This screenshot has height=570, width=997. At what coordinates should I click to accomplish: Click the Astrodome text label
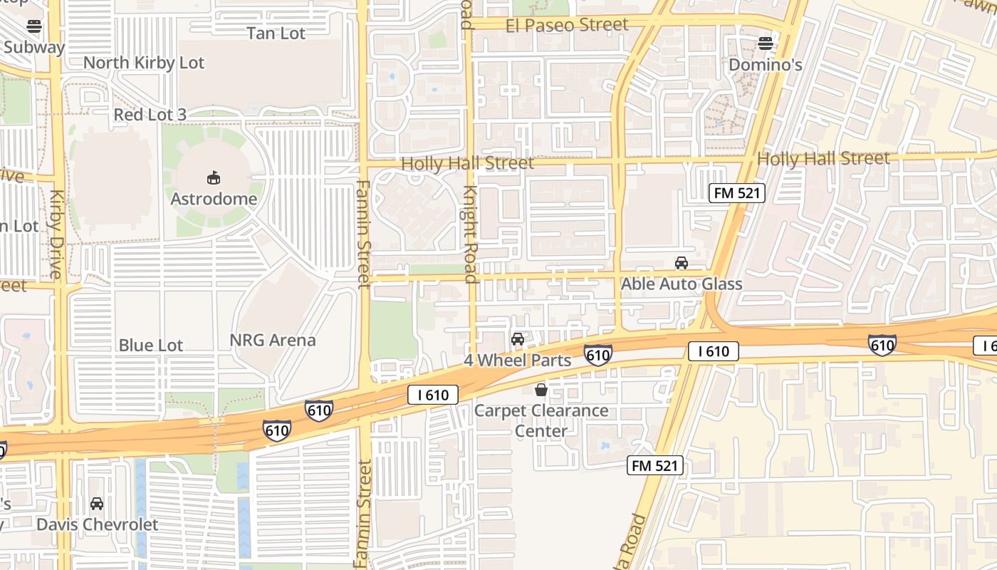click(x=214, y=199)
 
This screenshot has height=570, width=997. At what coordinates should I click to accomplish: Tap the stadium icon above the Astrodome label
click(x=213, y=177)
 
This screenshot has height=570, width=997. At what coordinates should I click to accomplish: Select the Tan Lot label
click(x=276, y=33)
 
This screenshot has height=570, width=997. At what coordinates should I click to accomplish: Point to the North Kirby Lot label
click(x=144, y=63)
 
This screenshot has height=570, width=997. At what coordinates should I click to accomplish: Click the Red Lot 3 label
click(x=150, y=115)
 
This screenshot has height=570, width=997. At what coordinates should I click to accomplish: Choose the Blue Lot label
click(x=151, y=346)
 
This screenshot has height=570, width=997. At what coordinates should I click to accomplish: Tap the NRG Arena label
click(x=273, y=341)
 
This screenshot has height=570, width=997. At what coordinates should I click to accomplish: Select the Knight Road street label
click(x=470, y=235)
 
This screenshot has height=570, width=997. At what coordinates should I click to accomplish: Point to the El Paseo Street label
click(x=568, y=26)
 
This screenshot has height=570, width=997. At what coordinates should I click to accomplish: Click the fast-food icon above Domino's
click(x=766, y=43)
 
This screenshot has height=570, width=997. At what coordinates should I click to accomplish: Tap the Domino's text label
click(x=766, y=66)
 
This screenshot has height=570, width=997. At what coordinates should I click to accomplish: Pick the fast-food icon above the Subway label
click(x=33, y=27)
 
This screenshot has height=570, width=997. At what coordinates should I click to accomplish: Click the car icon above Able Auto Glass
click(x=682, y=263)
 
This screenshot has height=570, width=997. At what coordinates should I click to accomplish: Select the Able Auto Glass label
click(x=682, y=284)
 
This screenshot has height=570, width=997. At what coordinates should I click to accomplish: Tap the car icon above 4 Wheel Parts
click(x=518, y=339)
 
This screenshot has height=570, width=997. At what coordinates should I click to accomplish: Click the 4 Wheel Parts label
click(x=518, y=361)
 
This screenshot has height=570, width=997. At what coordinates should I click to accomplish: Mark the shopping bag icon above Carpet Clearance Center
click(x=541, y=390)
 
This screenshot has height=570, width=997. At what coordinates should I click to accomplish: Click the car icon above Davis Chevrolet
click(x=97, y=504)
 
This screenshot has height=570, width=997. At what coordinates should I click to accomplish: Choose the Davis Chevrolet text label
click(x=98, y=525)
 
